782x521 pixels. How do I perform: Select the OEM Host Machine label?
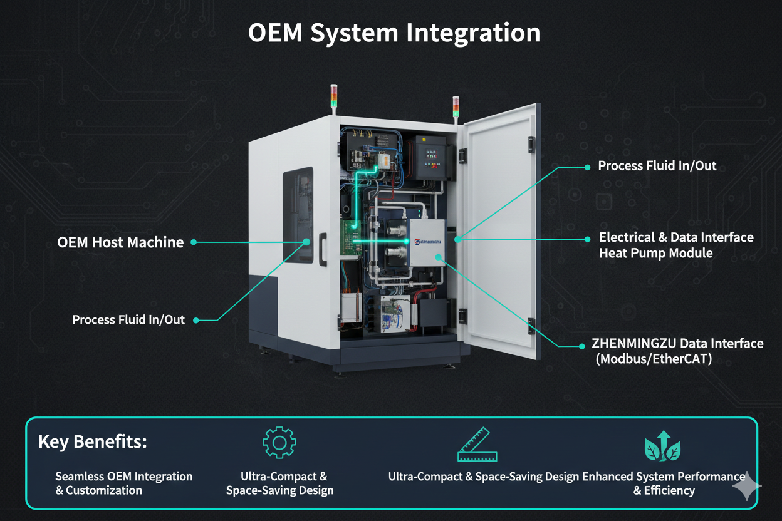pos(120,242)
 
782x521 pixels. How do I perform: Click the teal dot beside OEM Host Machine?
pos(194,242)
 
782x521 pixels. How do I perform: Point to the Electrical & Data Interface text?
pos(676,237)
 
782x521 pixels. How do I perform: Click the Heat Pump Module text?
pos(655,254)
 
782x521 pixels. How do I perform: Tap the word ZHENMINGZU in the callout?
pos(632,343)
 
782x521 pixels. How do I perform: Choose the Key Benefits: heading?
pos(93,441)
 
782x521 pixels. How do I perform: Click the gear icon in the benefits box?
pos(279,443)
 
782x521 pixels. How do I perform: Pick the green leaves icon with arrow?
pos(663,446)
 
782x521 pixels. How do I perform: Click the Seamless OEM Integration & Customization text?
pos(123,483)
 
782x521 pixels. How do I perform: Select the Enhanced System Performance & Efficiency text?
pos(664,483)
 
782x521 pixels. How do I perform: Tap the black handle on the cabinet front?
pos(323,249)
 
